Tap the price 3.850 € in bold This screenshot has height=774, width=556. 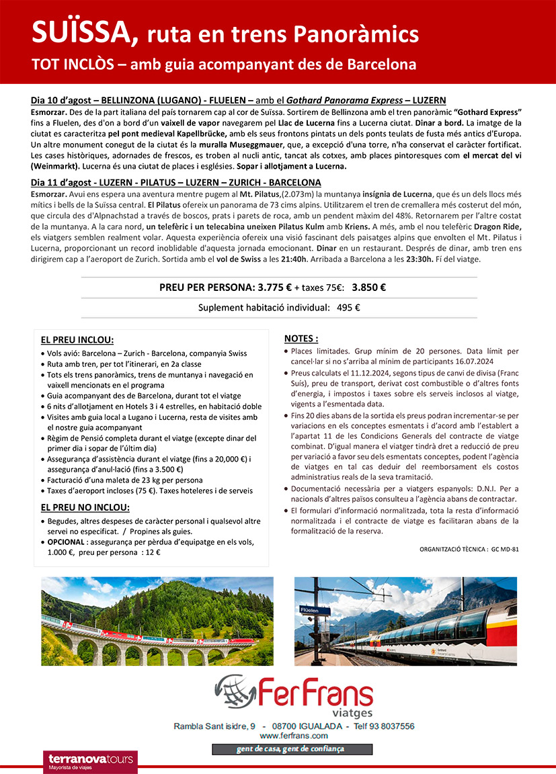tap(368, 288)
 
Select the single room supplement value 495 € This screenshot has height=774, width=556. tap(348, 308)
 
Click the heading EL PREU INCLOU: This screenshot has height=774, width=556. tap(77, 339)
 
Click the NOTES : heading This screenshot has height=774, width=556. tap(301, 338)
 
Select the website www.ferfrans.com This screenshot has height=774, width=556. tap(293, 736)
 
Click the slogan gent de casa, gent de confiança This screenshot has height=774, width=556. tap(292, 749)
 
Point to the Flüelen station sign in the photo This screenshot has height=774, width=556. tap(309, 610)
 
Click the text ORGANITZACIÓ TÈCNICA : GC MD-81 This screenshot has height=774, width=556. tap(469, 549)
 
